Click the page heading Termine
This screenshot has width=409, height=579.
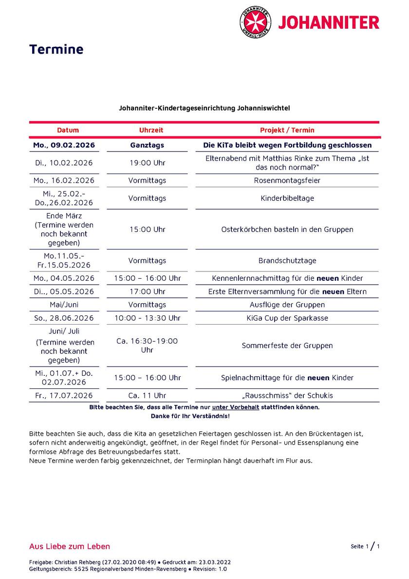click(56, 49)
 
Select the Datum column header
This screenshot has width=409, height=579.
click(68, 130)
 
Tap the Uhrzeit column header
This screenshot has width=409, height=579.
click(151, 130)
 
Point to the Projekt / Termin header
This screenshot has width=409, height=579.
click(287, 130)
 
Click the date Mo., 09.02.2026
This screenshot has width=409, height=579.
click(64, 145)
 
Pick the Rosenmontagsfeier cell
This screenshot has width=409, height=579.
click(287, 180)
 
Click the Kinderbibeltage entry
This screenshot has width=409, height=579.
click(287, 198)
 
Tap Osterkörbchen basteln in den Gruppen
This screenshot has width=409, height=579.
click(287, 229)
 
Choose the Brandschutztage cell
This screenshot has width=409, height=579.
click(287, 261)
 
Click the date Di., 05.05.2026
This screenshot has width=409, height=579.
click(64, 291)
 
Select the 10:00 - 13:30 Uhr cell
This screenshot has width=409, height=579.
click(147, 318)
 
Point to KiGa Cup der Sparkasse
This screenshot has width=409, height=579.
click(287, 318)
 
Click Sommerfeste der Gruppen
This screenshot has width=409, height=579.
click(287, 346)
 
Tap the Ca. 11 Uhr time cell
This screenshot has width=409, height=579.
click(147, 395)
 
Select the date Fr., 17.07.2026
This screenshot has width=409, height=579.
click(64, 395)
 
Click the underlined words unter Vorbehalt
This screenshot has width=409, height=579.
click(235, 407)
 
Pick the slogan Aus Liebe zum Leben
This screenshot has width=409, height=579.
click(70, 546)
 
